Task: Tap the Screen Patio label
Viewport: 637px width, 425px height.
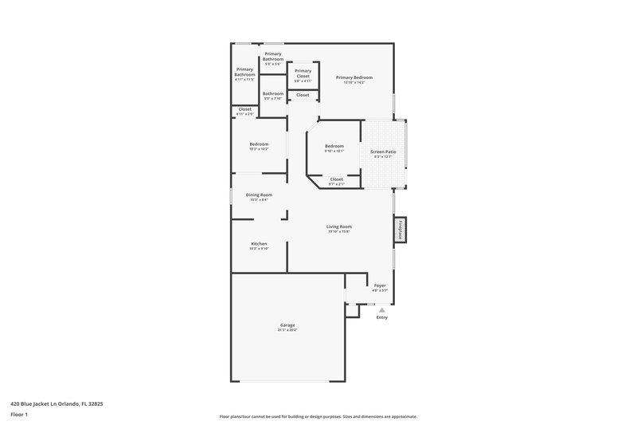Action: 384,152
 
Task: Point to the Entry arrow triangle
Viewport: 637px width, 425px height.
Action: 381,310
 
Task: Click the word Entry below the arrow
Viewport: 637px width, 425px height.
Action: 381,318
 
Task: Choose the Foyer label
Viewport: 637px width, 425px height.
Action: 380,285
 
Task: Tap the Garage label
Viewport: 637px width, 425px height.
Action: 287,325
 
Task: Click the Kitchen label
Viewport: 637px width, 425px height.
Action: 259,243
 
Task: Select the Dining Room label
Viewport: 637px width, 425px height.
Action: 259,195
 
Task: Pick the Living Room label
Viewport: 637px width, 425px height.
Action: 339,226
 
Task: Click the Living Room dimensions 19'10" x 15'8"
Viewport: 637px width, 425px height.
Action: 339,232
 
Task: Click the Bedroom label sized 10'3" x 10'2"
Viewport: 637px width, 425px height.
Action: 259,144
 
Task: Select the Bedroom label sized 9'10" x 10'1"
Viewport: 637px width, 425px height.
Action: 334,146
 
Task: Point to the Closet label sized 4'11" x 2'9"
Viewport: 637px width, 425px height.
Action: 244,109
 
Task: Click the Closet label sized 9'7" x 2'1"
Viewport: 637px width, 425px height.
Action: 336,179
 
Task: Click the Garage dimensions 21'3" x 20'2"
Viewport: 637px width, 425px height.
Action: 287,329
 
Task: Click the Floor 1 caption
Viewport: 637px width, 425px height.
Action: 20,415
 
